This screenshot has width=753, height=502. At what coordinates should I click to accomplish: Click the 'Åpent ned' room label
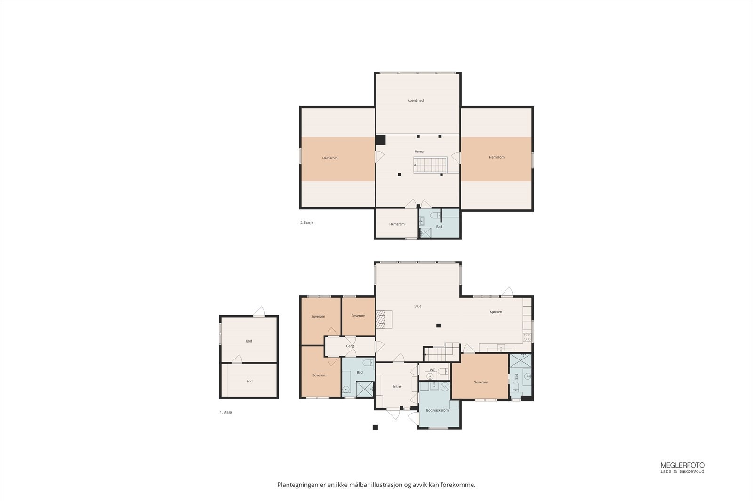click(416, 101)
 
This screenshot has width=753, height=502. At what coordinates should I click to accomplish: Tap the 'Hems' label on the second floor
click(419, 151)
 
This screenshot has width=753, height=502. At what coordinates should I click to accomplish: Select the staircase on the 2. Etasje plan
click(430, 165)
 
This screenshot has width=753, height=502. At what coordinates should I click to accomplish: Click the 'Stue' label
click(418, 306)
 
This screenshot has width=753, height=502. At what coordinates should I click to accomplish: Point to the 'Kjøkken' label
click(496, 312)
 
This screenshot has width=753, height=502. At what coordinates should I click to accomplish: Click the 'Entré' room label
click(397, 387)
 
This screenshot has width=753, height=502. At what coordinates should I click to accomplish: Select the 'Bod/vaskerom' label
click(437, 410)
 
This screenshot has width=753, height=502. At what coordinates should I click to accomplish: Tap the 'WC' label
click(433, 370)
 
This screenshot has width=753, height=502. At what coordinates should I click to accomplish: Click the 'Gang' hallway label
click(350, 346)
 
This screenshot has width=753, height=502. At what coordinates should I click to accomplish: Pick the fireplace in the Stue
click(384, 319)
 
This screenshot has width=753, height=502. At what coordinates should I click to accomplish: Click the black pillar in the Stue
click(438, 326)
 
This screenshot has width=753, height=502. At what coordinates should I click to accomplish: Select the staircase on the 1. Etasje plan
click(441, 352)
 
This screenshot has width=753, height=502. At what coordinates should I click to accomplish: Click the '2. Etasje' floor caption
click(306, 223)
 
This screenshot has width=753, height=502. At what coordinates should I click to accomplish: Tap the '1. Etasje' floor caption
click(226, 412)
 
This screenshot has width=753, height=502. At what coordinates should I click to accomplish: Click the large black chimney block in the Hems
click(381, 140)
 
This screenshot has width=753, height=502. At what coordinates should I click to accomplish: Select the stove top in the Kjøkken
click(527, 337)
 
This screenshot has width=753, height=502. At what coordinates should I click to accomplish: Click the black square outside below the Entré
click(375, 427)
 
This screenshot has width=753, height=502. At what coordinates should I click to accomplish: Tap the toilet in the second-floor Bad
click(435, 215)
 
